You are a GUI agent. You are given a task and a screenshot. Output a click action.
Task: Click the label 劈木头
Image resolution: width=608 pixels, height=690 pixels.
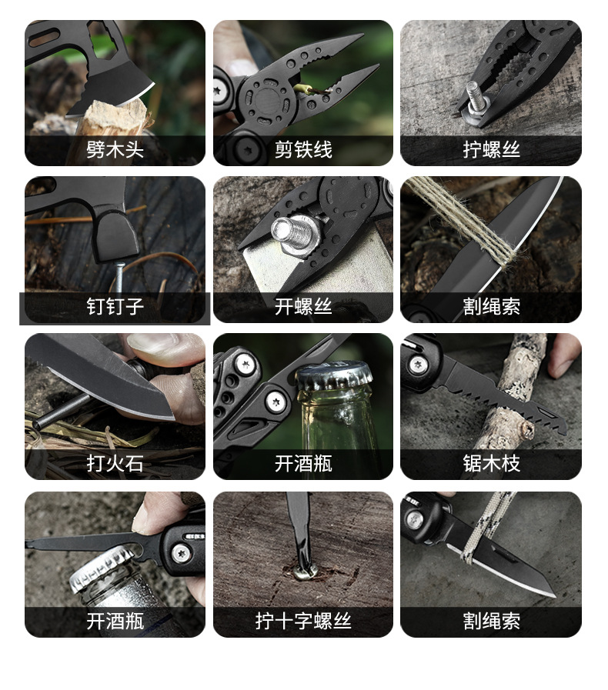click(115, 150)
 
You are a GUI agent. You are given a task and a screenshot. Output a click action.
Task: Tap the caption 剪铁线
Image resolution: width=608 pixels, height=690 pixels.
click(303, 150)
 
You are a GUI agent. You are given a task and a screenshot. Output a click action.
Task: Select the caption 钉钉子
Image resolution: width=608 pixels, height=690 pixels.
click(115, 306)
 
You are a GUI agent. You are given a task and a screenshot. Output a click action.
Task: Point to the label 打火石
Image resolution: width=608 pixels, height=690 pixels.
click(115, 463)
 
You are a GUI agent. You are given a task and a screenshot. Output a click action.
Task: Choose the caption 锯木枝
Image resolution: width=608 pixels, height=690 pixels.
click(491, 463)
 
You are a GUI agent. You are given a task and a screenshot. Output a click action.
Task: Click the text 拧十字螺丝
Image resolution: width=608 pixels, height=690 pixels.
click(303, 621)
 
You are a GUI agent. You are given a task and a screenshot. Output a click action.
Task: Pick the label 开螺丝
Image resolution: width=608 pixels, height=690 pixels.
click(303, 306)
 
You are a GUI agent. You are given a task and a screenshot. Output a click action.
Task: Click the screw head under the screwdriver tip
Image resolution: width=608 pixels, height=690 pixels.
click(305, 572)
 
